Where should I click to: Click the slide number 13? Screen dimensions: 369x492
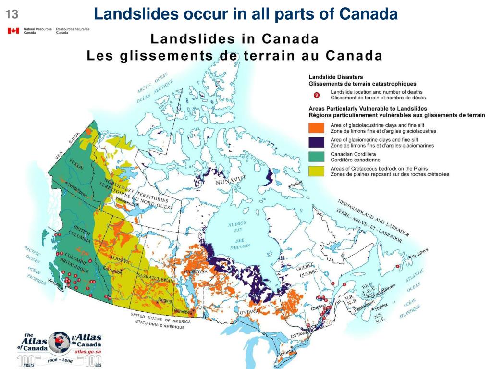point(12,15)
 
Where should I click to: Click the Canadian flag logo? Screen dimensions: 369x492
point(13,31)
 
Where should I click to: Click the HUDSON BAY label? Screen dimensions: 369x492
point(237,226)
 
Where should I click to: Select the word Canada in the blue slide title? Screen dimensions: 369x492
point(368,14)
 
